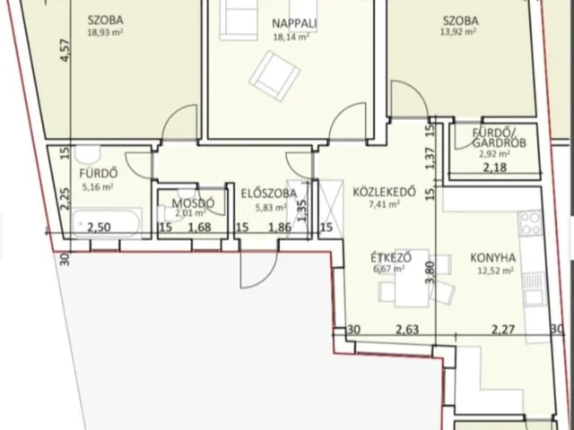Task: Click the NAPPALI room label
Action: (294, 23)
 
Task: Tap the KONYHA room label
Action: (492, 258)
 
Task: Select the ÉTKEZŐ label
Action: (391, 257)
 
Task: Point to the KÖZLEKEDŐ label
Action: (384, 192)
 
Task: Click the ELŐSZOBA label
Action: (269, 193)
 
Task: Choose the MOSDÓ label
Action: (194, 203)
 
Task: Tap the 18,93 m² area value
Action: (105, 32)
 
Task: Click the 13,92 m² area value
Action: (458, 32)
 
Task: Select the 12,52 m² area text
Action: (495, 271)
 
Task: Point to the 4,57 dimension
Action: (65, 50)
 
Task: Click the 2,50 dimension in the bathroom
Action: (99, 228)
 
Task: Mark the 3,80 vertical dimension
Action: (430, 271)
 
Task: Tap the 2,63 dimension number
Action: (407, 330)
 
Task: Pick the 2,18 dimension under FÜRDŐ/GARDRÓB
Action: (495, 168)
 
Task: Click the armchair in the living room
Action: (274, 76)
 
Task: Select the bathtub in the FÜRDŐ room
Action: (106, 223)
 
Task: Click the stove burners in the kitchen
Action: (530, 223)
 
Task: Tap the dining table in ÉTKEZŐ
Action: (412, 279)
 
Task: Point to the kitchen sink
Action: (535, 288)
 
